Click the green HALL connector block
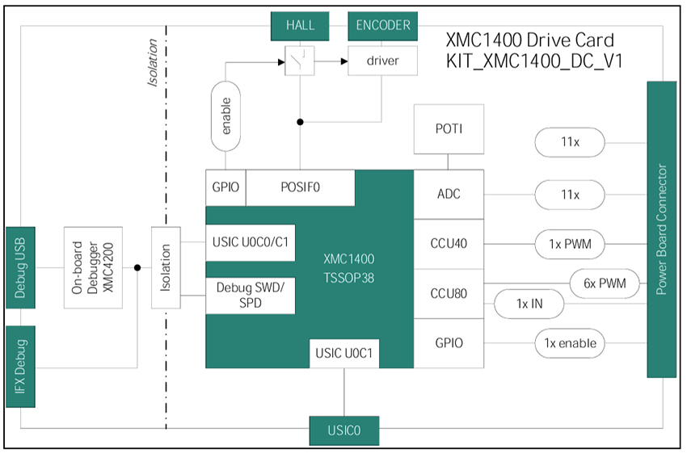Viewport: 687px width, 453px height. (300, 25)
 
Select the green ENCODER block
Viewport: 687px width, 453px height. (383, 25)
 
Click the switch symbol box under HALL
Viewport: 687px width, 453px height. (300, 61)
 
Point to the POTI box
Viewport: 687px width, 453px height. (449, 128)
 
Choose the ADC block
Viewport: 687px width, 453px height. (449, 195)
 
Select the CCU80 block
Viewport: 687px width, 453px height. (449, 292)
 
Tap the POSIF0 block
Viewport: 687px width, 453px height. (300, 187)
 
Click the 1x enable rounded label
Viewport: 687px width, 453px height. (570, 343)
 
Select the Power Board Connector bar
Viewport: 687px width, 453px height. (662, 229)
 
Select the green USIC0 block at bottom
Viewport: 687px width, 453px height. (344, 431)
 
